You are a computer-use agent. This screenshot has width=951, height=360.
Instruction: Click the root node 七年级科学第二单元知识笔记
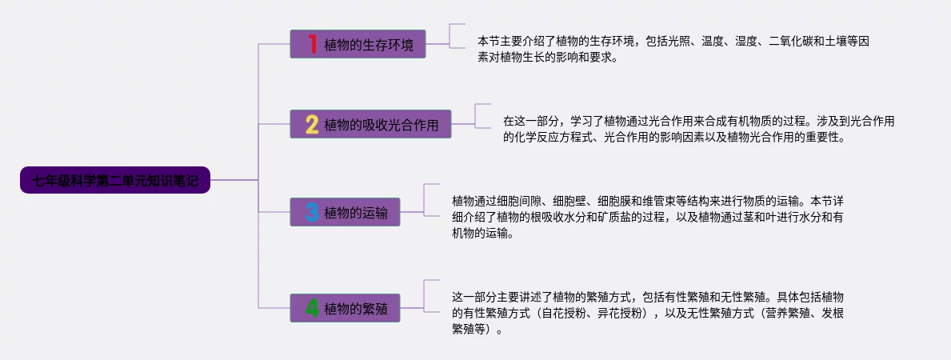coord(115,180)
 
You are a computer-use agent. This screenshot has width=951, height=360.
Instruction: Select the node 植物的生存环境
coord(358,44)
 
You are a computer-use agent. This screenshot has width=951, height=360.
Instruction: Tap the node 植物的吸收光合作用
coord(370,125)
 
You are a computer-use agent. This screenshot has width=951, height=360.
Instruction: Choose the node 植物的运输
coord(345,212)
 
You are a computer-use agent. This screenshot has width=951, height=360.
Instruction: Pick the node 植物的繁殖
coord(345,308)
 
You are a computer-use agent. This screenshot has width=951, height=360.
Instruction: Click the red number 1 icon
coord(313,43)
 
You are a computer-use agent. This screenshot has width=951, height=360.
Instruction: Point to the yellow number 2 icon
coord(312,125)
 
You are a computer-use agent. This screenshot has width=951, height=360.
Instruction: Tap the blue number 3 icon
coord(312,212)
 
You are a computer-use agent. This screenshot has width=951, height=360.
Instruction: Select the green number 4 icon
coord(312,308)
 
